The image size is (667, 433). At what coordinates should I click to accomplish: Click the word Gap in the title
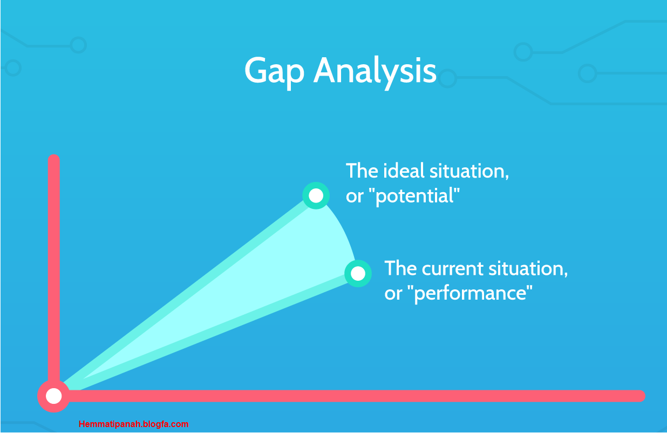point(274,72)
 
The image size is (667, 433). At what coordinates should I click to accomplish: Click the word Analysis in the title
point(375,72)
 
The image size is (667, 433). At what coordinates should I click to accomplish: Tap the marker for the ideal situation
point(316,195)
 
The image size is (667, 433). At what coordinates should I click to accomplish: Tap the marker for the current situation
point(358,274)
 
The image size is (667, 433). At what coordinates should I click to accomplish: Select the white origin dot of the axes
point(53,396)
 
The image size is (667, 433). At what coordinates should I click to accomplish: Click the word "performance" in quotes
point(469,294)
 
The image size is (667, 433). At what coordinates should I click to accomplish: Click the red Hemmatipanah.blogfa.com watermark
point(134,424)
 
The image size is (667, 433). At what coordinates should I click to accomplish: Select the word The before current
point(401,268)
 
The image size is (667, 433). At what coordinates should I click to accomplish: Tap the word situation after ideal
point(469,171)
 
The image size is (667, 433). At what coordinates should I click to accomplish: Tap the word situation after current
point(528,269)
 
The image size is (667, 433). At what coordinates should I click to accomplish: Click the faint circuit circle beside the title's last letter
point(447,78)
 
